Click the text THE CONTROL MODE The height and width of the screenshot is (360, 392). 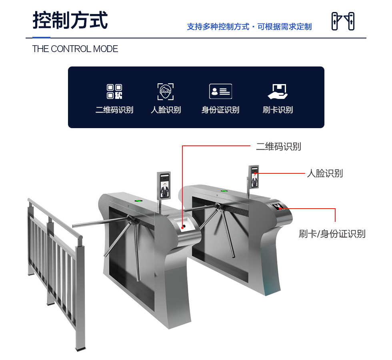[x=75, y=49]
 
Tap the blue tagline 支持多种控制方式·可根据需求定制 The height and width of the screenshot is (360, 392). [x=249, y=27]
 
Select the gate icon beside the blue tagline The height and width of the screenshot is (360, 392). [x=343, y=21]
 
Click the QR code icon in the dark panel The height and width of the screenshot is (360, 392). [x=114, y=91]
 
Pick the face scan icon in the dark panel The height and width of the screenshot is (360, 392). [x=166, y=91]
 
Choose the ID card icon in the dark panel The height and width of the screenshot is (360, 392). [x=220, y=91]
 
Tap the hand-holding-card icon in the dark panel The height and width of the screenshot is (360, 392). [x=278, y=91]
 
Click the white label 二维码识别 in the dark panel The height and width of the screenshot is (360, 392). [x=114, y=110]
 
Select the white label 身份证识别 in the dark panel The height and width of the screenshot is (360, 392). [x=220, y=110]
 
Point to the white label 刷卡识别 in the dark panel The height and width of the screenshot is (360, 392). [x=278, y=110]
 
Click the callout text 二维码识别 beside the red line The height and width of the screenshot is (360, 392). [x=278, y=147]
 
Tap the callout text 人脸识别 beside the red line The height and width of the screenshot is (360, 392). [x=325, y=173]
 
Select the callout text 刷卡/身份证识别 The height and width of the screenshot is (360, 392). [x=332, y=234]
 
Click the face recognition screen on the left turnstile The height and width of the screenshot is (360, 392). [x=164, y=185]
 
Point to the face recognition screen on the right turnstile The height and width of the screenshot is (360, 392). [x=254, y=177]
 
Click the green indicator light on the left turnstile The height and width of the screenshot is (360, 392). [x=138, y=200]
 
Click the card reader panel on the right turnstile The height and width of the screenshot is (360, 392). [x=278, y=207]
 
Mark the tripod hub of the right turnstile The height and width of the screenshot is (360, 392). [x=218, y=207]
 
